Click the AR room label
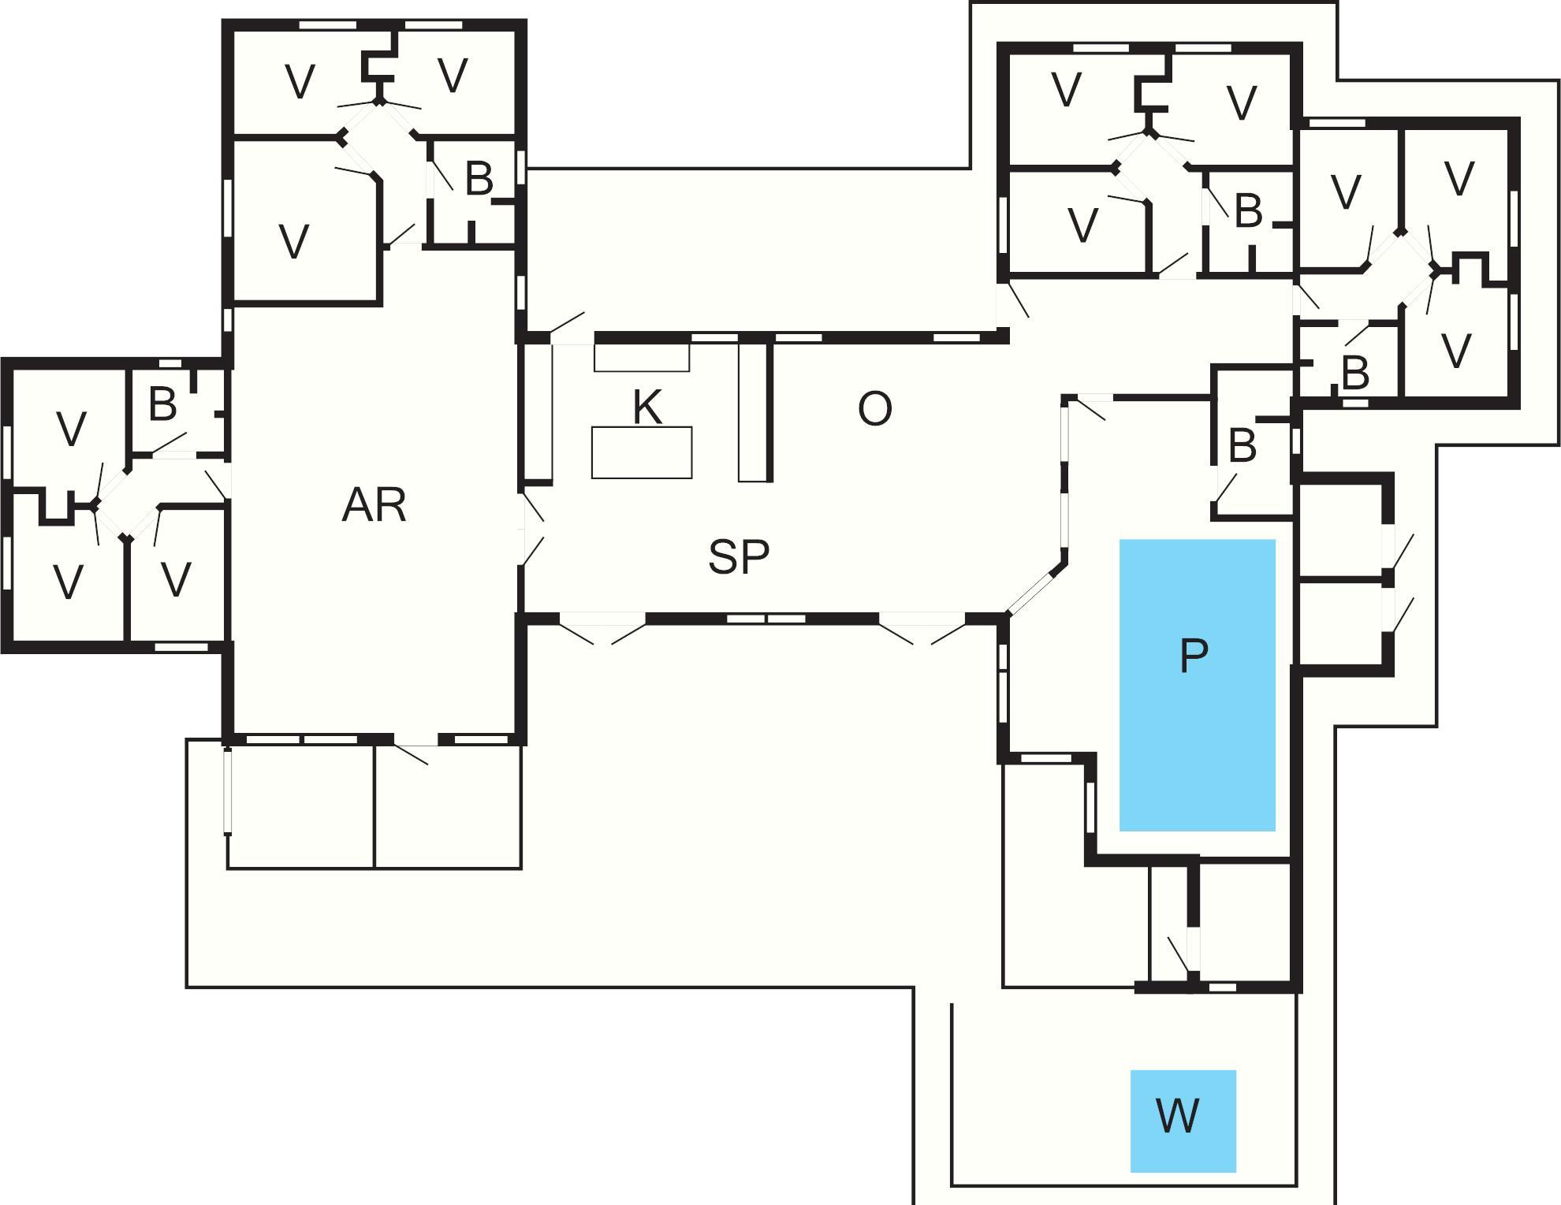374,505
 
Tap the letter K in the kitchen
646,407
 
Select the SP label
738,556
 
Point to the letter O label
874,409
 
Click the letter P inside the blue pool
1194,655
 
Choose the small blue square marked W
1183,1120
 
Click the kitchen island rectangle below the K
642,452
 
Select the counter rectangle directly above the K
642,357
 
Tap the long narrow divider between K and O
753,411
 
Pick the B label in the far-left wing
162,404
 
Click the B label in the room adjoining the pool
1242,446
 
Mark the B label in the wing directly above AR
479,179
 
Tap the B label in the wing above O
1248,211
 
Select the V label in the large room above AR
294,241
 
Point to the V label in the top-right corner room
1459,179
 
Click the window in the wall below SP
765,619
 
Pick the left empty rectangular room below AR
300,806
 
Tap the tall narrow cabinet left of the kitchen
537,412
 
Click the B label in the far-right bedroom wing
1354,374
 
